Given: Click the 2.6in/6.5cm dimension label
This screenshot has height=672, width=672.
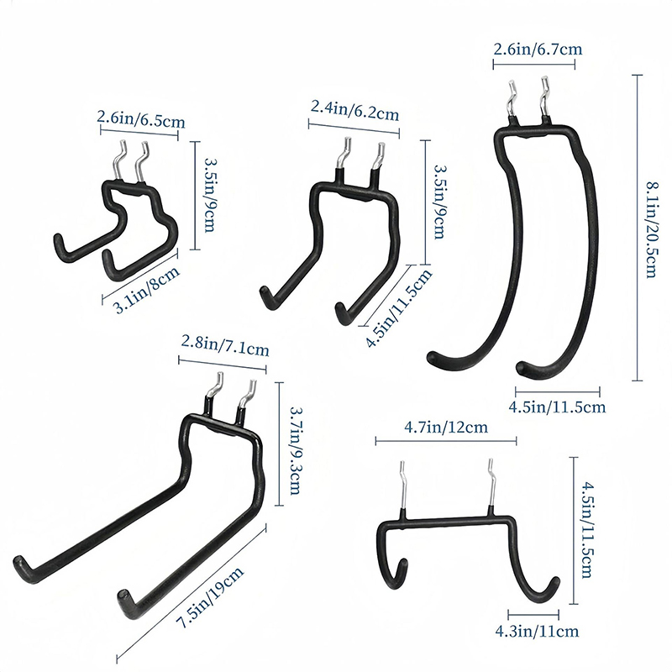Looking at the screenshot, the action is pos(141,119).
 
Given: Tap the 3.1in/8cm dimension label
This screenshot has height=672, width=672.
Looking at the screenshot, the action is pos(147,290).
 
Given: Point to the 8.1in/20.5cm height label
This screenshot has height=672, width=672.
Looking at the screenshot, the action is pos(650,229).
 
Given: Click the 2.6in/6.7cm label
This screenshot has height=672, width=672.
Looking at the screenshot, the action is pos(538,50).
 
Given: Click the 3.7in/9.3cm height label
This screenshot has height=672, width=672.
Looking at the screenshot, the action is pos(296,450).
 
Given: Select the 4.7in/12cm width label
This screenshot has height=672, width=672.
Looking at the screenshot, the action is pos(446,427).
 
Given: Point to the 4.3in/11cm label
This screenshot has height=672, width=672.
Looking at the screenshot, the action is pos(537,631).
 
